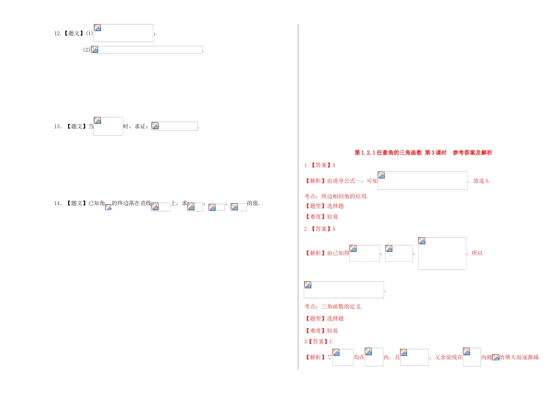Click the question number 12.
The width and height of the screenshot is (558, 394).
tap(58, 33)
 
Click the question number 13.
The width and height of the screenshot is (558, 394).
tap(58, 126)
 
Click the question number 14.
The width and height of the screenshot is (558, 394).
tap(58, 203)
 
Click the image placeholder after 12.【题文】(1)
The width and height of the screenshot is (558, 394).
tap(123, 33)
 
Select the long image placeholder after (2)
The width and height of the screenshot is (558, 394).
tap(147, 50)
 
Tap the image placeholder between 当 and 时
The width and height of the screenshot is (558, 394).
tap(108, 126)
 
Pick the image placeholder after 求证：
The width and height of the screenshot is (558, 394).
tap(174, 126)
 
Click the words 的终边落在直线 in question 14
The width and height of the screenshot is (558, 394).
tap(132, 203)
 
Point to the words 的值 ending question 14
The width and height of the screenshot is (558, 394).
tap(253, 203)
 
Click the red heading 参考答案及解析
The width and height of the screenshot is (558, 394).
tap(472, 153)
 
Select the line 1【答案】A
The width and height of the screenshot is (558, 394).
tap(320, 165)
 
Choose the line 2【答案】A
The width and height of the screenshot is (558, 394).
tap(320, 228)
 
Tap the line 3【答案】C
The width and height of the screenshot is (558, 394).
tap(318, 341)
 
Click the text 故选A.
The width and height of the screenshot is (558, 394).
tap(481, 181)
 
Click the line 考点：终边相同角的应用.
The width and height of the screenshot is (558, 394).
tap(336, 196)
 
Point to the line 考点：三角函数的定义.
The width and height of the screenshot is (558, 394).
tap(333, 306)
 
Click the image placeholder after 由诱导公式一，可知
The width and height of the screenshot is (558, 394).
tap(422, 181)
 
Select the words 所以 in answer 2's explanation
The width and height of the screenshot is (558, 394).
tap(477, 253)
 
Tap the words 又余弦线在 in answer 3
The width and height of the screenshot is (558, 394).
tap(449, 357)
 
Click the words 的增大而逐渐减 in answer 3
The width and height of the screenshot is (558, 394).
tap(519, 357)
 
